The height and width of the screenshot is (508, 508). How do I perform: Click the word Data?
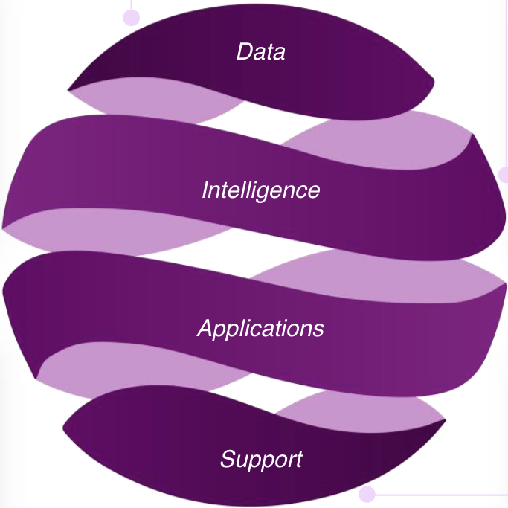coord(260,52)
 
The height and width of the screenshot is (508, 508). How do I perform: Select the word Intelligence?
coord(260,190)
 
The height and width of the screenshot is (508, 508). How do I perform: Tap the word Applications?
coord(260,329)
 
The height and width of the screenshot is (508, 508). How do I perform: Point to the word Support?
coord(261,459)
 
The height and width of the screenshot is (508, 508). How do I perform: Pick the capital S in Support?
coord(227,458)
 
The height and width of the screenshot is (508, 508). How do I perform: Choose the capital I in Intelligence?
coord(205,190)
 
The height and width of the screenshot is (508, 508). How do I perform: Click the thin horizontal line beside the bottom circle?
coord(439,494)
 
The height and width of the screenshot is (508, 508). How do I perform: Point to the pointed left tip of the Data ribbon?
coord(69,91)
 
